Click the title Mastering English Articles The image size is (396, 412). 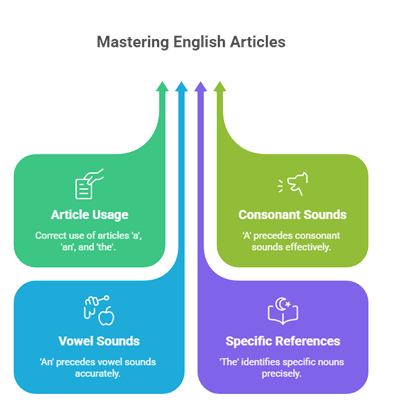coord(190,42)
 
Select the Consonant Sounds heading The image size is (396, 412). coord(292,214)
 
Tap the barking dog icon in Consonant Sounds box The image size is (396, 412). coord(292,185)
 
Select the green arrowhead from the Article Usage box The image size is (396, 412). coord(162,87)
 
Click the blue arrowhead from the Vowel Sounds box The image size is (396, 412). coord(181,87)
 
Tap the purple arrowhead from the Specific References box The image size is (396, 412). coord(200,87)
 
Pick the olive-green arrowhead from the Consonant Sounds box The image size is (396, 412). coord(220,87)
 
